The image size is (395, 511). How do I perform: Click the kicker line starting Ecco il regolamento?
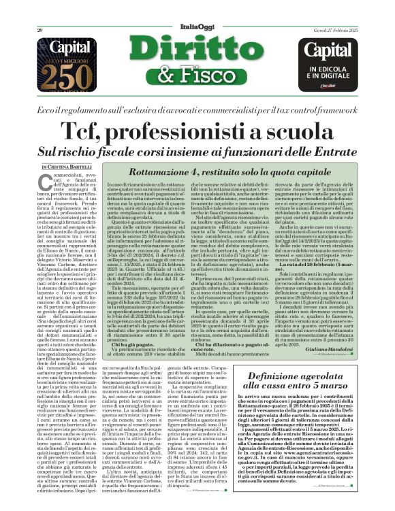197,110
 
